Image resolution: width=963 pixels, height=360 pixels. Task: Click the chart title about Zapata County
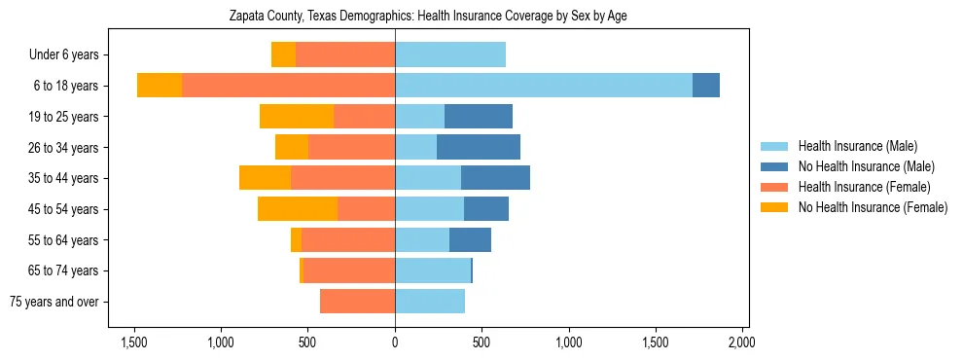coord(428,17)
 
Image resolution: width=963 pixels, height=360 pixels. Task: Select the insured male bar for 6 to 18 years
coord(544,86)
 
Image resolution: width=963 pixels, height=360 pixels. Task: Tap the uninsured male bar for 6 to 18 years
coord(706,86)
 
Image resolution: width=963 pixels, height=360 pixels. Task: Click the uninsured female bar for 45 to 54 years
coord(298,209)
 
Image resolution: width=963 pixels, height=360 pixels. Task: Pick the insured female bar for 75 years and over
coord(357,302)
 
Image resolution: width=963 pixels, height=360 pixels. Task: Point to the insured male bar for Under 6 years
coord(450,55)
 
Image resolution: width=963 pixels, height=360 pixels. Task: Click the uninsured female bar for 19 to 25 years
coord(297,117)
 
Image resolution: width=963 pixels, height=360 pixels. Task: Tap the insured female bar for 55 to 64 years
coord(348,240)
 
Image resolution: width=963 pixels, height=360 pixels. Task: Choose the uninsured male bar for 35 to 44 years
coord(495,178)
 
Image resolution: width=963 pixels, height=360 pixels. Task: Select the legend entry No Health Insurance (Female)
coord(873,207)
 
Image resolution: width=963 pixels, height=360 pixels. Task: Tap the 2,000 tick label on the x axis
coord(742,342)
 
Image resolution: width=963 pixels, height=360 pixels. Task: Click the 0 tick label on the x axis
coord(395,342)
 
